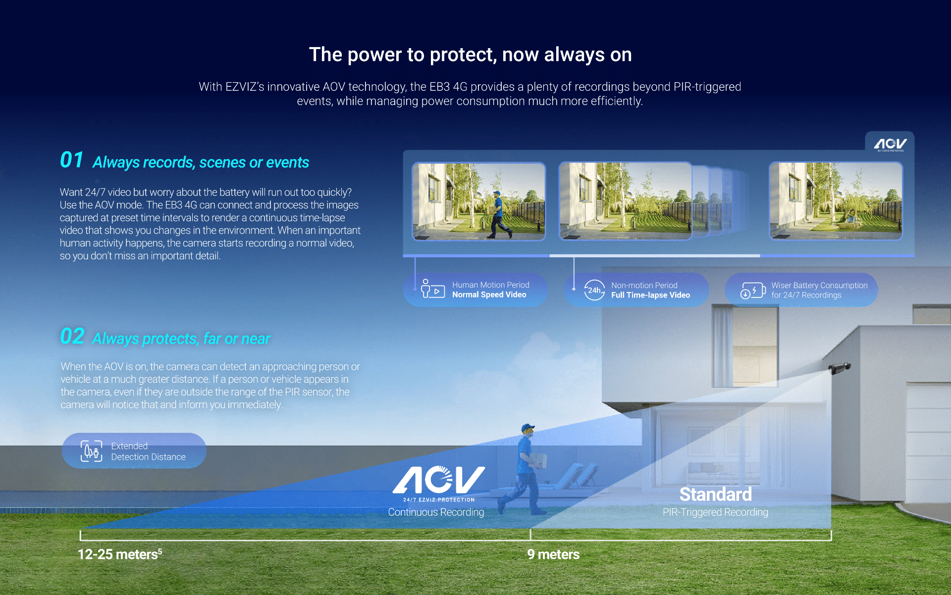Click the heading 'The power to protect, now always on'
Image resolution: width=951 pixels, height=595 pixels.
(x=470, y=55)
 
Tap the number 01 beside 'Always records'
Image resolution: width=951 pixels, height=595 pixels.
(x=72, y=160)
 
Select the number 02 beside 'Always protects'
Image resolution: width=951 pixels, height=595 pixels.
(x=72, y=336)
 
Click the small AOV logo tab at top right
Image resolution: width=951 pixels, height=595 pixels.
(x=890, y=144)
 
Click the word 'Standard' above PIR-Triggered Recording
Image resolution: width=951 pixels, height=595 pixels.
(x=715, y=494)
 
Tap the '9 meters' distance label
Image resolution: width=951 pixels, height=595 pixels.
(x=553, y=554)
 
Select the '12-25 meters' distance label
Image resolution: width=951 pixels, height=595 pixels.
(x=120, y=554)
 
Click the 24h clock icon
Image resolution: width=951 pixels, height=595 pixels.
(x=594, y=290)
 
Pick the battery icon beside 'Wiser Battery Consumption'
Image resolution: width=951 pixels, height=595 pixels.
(x=753, y=291)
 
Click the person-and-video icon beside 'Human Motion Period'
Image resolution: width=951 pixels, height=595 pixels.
(x=432, y=289)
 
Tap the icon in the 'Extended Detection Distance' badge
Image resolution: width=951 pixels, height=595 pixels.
(x=92, y=451)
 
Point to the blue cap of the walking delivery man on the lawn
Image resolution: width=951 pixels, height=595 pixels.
(x=528, y=427)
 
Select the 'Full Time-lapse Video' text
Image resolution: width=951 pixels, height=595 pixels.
(x=650, y=295)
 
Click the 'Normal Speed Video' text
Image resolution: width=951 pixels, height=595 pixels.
(x=489, y=295)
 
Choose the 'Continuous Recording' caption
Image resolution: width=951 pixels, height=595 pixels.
(x=436, y=512)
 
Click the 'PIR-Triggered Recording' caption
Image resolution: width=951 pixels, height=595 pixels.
(x=715, y=512)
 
